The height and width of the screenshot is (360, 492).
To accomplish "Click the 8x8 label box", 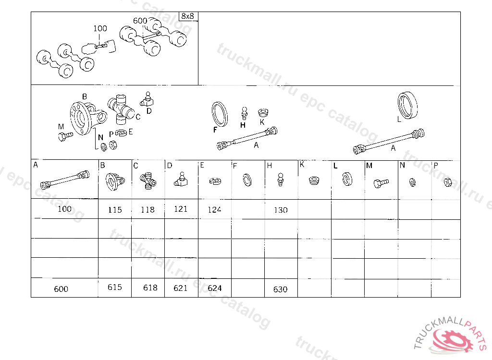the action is [188, 16].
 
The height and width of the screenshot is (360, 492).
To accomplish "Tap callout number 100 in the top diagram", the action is [100, 28].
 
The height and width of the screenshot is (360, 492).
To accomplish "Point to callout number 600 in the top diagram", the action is [140, 21].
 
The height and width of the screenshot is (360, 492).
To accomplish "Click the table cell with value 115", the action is [115, 209].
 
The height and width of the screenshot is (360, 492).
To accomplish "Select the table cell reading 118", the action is [148, 209].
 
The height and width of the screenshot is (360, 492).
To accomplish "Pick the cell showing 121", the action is [181, 209].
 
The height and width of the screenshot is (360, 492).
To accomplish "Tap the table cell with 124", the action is [215, 209].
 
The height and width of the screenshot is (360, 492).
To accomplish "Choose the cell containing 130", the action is [281, 209].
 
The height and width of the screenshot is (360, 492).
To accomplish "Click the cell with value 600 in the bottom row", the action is [65, 288].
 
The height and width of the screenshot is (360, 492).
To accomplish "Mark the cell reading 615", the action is [115, 288].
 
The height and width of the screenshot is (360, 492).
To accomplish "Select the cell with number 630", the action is [281, 288].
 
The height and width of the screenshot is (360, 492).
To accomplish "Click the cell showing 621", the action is [181, 288].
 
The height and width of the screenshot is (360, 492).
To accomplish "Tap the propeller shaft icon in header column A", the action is [65, 180].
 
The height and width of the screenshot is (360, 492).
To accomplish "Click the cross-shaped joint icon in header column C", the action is [148, 180].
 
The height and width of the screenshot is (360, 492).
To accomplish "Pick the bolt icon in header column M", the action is [381, 183].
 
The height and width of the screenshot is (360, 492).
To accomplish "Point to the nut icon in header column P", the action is [448, 182].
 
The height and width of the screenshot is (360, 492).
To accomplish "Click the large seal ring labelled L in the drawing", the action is [407, 106].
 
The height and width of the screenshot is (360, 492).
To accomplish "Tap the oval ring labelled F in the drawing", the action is [220, 114].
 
